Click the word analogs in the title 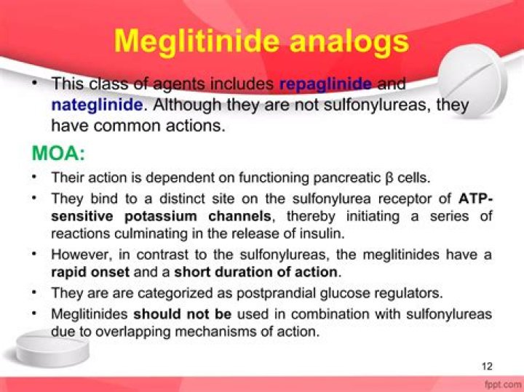[349, 41]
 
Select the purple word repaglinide [325, 84]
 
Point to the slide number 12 [487, 365]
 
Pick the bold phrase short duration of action [257, 273]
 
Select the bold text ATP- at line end [475, 198]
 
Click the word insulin [324, 233]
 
